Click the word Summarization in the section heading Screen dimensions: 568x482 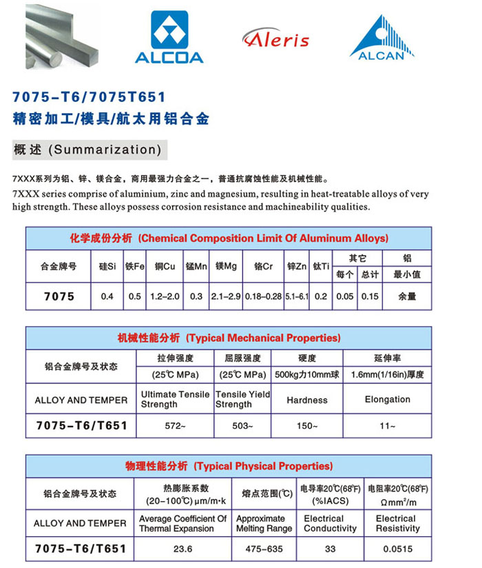[x=107, y=150]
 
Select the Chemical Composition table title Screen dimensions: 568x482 [x=229, y=239]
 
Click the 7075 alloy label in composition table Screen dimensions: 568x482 [x=59, y=296]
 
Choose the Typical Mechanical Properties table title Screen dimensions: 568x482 [x=229, y=338]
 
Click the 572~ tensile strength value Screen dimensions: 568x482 [x=175, y=426]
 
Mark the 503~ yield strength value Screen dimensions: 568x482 [x=242, y=426]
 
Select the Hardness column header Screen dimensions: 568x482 [x=307, y=400]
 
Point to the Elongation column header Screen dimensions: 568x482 [x=387, y=400]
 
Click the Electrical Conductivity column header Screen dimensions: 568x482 [x=330, y=523]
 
